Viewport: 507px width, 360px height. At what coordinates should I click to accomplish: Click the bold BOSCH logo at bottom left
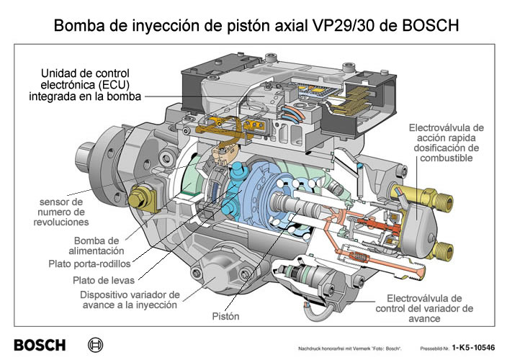coord(40,345)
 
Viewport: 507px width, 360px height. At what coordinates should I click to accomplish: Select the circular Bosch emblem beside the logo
coord(95,345)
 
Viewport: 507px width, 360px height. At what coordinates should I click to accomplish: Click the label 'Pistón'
coord(225,316)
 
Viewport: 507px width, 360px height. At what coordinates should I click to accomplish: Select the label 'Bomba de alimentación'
coord(107,246)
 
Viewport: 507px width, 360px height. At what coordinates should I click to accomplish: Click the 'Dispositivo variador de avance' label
coord(129,300)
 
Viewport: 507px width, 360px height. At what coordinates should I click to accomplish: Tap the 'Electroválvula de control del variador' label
coord(425,309)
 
